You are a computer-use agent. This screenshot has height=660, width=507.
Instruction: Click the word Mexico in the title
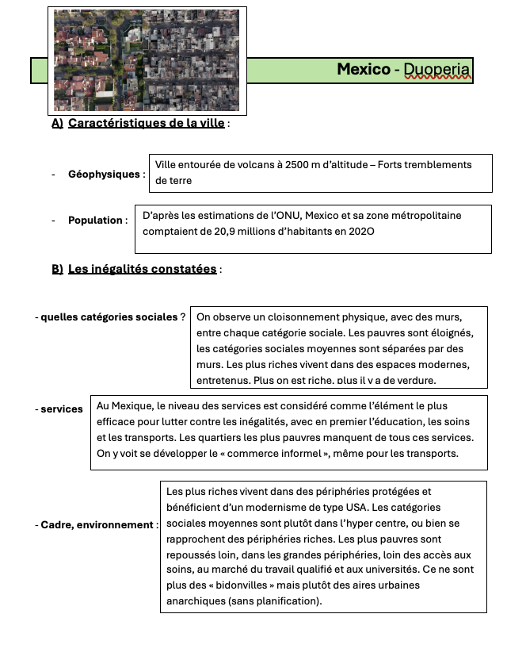coord(364,70)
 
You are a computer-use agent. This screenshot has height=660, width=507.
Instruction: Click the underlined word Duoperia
coord(436,70)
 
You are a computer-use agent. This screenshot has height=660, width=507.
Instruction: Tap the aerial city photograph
coord(147,60)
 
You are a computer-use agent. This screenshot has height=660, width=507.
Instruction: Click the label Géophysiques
coord(103,175)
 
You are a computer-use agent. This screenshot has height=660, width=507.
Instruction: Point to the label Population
coord(95,221)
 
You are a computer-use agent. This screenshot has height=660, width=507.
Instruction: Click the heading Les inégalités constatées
coord(142,269)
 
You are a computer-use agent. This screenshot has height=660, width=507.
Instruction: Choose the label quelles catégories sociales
coord(109,317)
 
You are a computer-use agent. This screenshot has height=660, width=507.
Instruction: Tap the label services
coord(62,409)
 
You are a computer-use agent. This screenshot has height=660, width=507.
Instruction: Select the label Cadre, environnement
coord(97,525)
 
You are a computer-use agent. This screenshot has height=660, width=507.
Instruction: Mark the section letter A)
coord(57,123)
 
